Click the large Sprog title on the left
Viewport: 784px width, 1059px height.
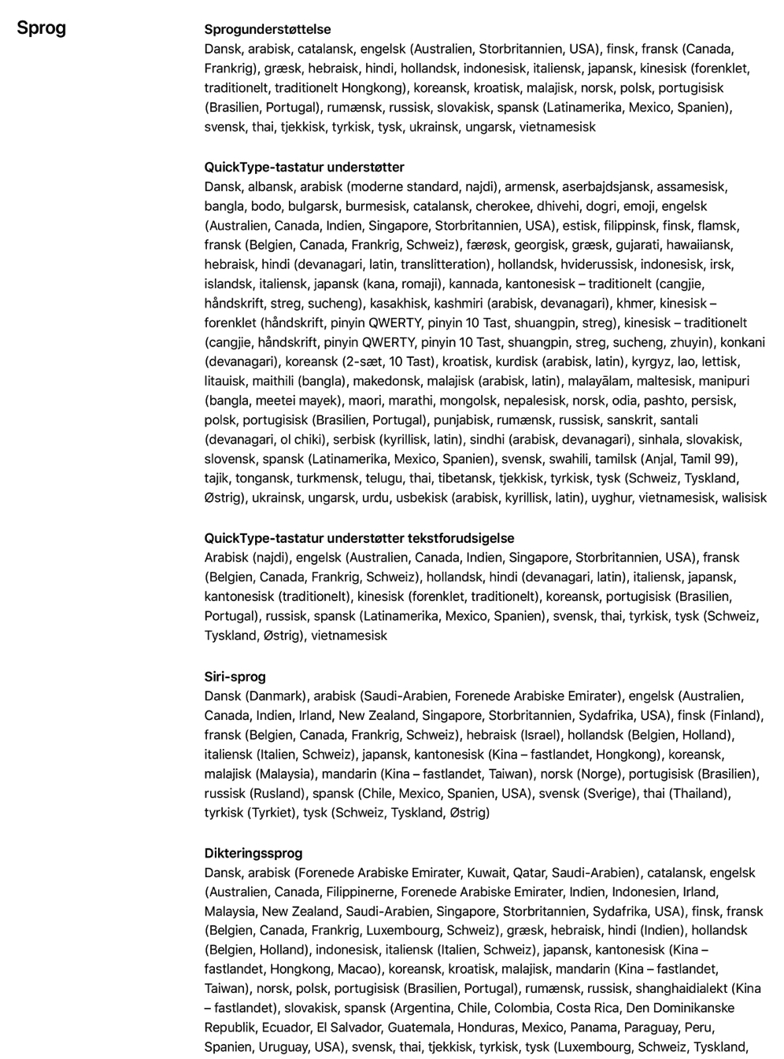pyautogui.click(x=42, y=28)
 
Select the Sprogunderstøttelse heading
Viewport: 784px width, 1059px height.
pyautogui.click(x=268, y=30)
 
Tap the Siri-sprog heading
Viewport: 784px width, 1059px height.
pyautogui.click(x=235, y=677)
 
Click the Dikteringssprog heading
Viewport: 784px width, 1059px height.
pyautogui.click(x=253, y=854)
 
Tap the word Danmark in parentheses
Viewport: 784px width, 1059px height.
pyautogui.click(x=277, y=696)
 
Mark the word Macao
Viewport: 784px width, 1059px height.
pyautogui.click(x=362, y=969)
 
